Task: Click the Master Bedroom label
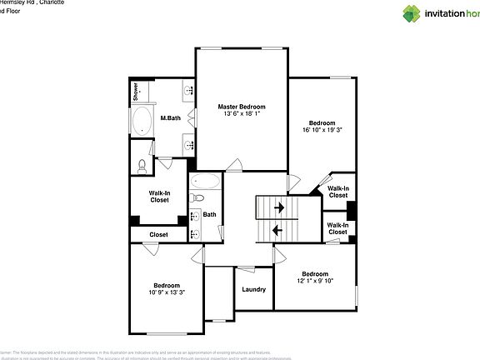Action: coord(242,107)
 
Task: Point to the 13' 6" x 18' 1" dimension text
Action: coord(242,114)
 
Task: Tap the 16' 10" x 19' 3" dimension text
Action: coord(322,130)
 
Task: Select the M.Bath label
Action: coord(171,118)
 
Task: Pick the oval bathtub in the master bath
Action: coord(142,122)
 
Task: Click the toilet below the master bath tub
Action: coord(141,166)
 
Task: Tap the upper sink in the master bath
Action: coord(189,91)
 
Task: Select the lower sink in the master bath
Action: coord(189,146)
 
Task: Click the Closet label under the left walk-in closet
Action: coord(158,235)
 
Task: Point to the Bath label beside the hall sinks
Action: coord(209,215)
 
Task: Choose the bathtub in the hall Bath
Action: coord(205,181)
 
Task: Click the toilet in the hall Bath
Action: coord(197,198)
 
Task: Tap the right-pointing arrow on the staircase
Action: coord(279,207)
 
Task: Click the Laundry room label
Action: coord(253,290)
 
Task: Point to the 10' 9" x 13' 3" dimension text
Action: coord(167,292)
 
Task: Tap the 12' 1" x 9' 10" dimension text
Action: coord(315,282)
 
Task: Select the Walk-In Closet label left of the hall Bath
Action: coord(159,197)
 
